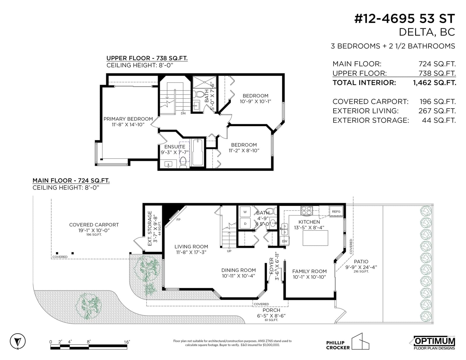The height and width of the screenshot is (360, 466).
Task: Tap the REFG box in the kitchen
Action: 336,211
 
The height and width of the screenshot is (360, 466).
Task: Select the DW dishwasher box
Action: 285,241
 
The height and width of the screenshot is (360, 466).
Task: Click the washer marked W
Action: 245,212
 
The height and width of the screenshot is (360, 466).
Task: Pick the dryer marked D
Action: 245,224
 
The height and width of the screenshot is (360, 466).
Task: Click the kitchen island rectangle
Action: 315,238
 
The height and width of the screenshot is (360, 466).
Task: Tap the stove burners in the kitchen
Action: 306,210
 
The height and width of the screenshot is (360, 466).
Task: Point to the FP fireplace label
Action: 178,220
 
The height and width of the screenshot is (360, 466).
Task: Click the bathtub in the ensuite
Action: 197,152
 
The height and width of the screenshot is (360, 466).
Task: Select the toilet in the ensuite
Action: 183,162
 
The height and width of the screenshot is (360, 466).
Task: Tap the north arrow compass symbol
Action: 17,341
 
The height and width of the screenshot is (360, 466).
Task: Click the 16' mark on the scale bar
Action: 127,342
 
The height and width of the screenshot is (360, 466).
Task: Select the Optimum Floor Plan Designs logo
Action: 434,343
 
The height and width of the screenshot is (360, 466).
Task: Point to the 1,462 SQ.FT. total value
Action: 435,83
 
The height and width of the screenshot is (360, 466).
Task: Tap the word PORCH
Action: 271,310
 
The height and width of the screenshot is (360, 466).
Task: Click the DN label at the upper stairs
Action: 183,114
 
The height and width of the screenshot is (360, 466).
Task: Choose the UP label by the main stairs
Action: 229,251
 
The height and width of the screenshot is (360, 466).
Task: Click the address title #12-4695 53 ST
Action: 405,19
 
